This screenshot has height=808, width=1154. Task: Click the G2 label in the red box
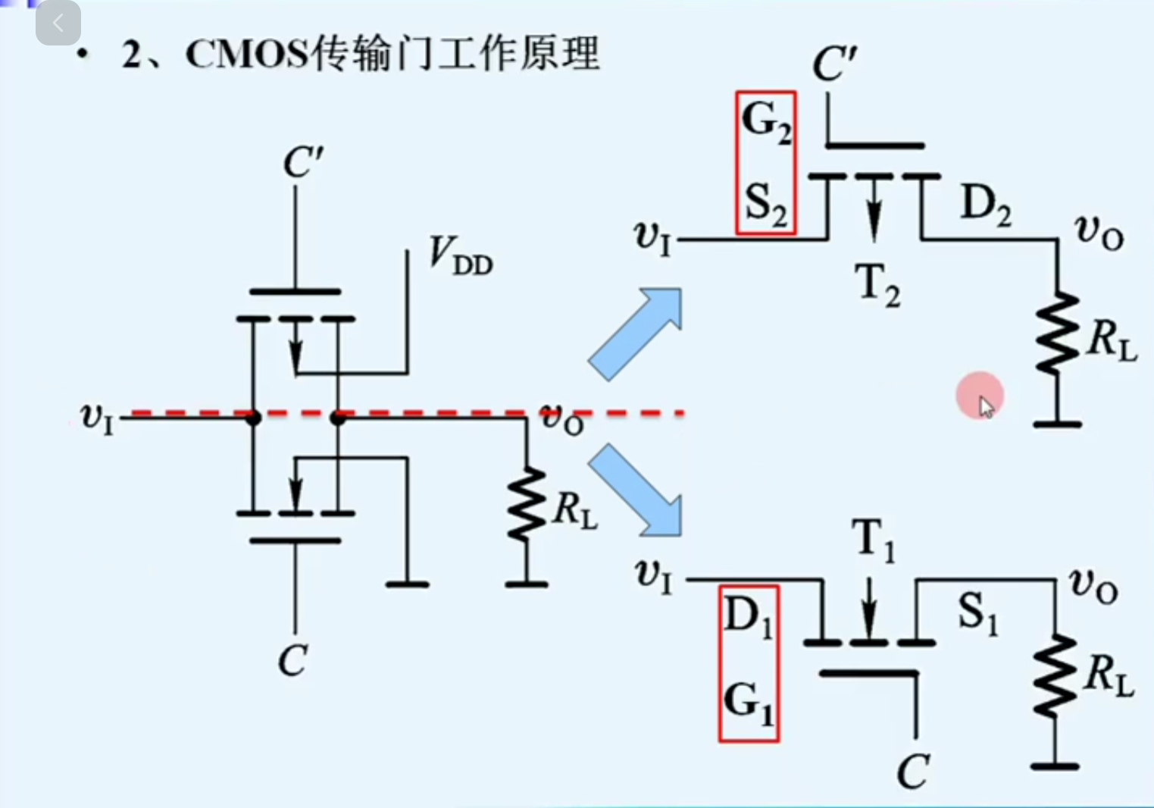click(765, 121)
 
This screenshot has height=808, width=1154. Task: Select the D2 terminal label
click(985, 205)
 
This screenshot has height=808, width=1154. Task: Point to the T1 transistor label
click(873, 541)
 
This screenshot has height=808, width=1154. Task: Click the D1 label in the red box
click(748, 615)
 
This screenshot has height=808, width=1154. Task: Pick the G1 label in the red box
click(749, 702)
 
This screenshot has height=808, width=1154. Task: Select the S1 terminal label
click(977, 612)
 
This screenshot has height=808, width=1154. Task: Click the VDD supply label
click(459, 255)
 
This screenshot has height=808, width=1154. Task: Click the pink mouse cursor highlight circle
click(980, 396)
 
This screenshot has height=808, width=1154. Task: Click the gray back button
click(58, 23)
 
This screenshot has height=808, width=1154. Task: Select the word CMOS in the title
click(247, 55)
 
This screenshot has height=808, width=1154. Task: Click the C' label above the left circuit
click(302, 162)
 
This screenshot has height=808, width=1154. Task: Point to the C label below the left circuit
click(292, 660)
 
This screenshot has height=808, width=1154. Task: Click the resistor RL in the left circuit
click(527, 504)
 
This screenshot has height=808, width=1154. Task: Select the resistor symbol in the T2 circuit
click(1057, 334)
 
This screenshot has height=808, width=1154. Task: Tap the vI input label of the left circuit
click(97, 417)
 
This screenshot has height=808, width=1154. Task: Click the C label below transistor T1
click(912, 772)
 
